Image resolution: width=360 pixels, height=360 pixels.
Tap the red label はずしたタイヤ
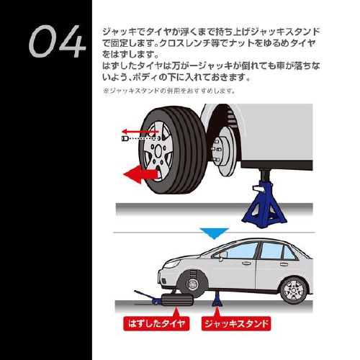(x=155, y=323)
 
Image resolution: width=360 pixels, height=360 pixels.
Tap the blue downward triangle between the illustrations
(x=215, y=233)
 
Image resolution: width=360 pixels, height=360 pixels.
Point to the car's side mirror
(x=222, y=254)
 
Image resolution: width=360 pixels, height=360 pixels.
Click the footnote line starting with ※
(x=170, y=91)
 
